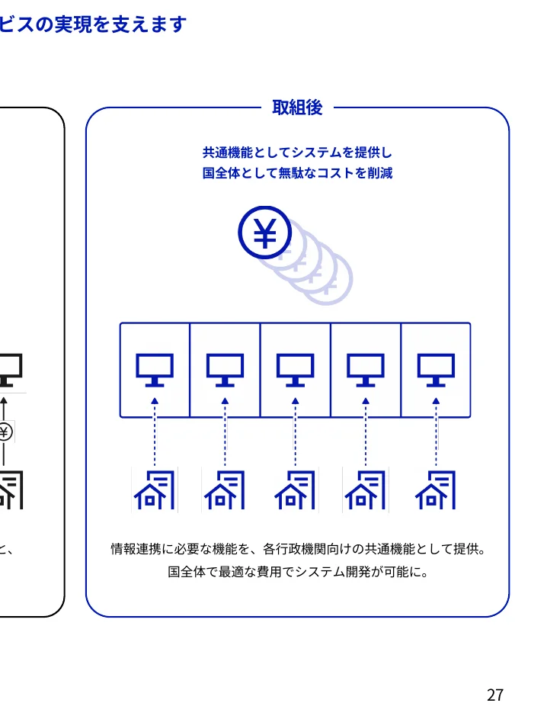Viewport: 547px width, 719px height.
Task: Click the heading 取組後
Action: pyautogui.click(x=297, y=108)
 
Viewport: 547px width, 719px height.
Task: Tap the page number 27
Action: pyautogui.click(x=495, y=695)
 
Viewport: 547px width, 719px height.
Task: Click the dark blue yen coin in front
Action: pyautogui.click(x=265, y=233)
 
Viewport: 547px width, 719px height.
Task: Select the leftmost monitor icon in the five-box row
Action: pyautogui.click(x=155, y=370)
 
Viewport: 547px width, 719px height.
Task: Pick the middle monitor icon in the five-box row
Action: pyautogui.click(x=295, y=370)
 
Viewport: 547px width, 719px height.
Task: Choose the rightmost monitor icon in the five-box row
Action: pyautogui.click(x=436, y=370)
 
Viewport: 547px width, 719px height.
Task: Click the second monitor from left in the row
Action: pyautogui.click(x=225, y=370)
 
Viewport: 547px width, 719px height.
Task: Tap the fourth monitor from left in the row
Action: pyautogui.click(x=366, y=370)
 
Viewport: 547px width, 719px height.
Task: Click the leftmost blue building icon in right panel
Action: pyautogui.click(x=155, y=489)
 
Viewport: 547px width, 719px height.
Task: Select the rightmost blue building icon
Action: pyautogui.click(x=436, y=489)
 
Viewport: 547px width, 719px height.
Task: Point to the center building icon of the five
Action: pyautogui.click(x=295, y=489)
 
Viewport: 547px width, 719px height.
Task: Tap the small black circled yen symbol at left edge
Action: pyautogui.click(x=5, y=432)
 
